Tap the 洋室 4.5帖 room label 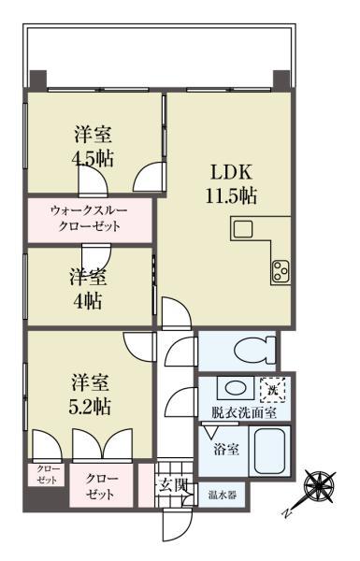93,145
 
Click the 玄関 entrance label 171,484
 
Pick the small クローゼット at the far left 45,474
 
